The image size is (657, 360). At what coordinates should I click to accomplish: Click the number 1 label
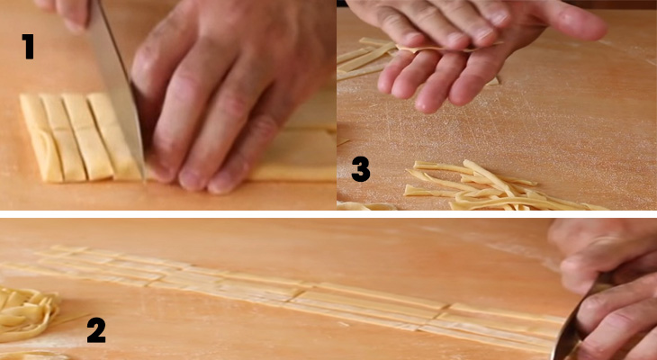(29, 46)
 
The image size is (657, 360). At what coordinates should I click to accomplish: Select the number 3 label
(361, 168)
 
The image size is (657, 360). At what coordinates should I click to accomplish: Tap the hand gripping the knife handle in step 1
(67, 11)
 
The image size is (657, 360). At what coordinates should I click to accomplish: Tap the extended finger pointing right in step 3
(576, 27)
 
